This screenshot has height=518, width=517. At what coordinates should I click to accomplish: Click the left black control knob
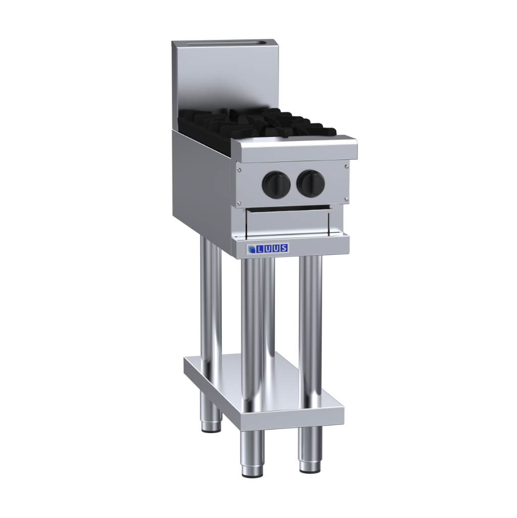(x=276, y=183)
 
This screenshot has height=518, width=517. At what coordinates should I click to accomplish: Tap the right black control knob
(x=311, y=182)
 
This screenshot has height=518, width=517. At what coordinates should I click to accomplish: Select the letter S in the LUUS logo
(x=284, y=248)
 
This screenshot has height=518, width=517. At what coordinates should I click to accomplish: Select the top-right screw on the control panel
(x=346, y=166)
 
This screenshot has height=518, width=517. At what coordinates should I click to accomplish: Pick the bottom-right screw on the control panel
(x=346, y=199)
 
